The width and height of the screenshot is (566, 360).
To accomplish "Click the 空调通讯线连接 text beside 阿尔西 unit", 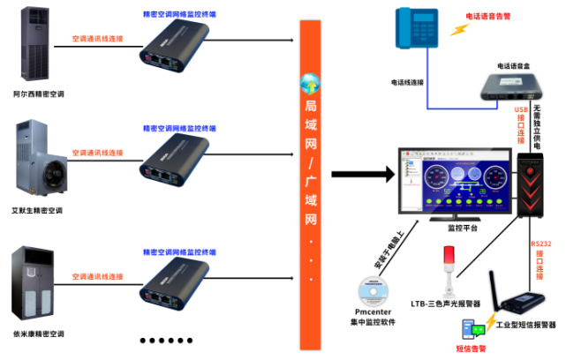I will [x=97, y=40].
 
